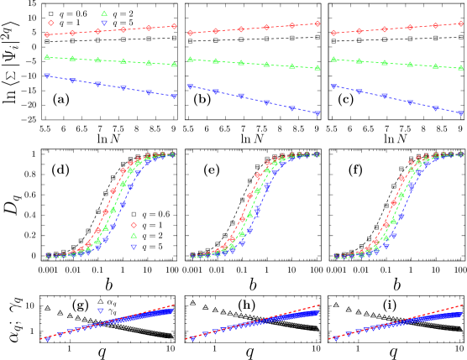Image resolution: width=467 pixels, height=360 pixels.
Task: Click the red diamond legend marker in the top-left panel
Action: click(50, 23)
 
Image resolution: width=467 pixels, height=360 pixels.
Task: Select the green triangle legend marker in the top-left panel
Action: click(104, 13)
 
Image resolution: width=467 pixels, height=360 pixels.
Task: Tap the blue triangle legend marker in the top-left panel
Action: click(104, 23)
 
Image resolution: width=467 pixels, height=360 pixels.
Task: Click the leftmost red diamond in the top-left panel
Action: click(47, 34)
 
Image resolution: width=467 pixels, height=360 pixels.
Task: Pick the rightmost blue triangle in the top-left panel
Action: click(174, 97)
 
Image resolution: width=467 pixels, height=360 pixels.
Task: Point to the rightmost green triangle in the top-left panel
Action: click(174, 64)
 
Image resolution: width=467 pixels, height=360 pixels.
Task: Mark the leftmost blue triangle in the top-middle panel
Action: click(191, 86)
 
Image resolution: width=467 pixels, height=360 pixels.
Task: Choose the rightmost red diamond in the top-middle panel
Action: click(317, 23)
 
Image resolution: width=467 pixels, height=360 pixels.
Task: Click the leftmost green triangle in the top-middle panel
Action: click(191, 60)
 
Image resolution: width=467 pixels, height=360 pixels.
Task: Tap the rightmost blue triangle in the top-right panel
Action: click(461, 112)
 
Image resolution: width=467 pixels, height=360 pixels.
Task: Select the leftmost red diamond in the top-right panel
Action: click(334, 33)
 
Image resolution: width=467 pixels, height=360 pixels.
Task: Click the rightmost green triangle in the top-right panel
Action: click(461, 66)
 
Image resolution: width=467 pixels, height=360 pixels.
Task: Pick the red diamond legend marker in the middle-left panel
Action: click(134, 225)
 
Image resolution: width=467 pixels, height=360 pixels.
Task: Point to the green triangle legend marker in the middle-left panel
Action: click(134, 236)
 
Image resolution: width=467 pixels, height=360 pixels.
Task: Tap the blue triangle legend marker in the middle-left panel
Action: click(134, 247)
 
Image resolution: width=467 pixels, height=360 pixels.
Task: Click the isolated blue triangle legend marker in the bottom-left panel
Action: click(101, 310)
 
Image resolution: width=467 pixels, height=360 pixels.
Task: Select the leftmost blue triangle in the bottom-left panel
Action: click(48, 338)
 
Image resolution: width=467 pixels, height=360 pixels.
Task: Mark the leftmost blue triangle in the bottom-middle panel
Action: click(192, 338)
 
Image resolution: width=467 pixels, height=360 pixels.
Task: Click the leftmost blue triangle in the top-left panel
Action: click(47, 76)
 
